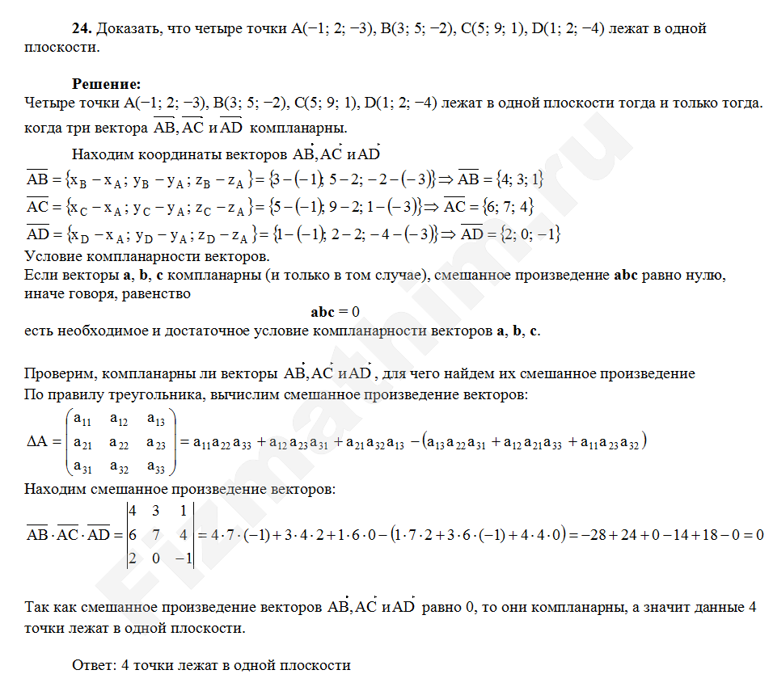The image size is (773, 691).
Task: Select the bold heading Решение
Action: (x=107, y=83)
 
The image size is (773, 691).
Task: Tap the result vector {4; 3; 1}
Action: (x=513, y=179)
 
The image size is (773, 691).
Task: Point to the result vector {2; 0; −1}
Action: (x=529, y=234)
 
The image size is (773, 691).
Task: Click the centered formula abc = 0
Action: (x=335, y=312)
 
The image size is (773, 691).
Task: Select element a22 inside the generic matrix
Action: (x=119, y=442)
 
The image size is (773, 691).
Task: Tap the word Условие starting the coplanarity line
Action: (x=51, y=257)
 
